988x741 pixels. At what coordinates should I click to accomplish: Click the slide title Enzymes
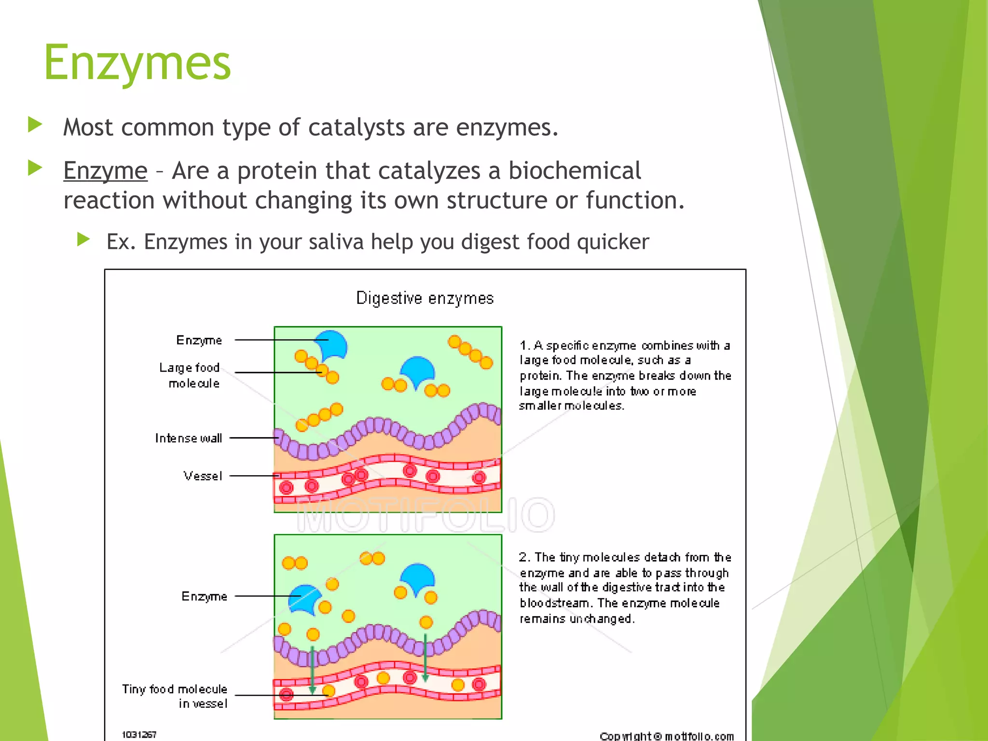click(137, 63)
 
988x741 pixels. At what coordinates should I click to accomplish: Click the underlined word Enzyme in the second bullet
click(105, 171)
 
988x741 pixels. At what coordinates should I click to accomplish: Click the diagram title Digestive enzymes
click(425, 298)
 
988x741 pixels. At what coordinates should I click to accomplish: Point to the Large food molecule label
click(190, 375)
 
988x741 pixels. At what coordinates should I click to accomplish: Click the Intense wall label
click(188, 438)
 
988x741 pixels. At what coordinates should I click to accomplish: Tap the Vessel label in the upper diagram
click(203, 476)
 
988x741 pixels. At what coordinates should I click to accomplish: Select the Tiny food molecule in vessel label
click(174, 696)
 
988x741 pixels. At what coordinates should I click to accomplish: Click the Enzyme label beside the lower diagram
click(204, 596)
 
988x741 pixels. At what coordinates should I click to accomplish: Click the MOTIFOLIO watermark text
click(425, 515)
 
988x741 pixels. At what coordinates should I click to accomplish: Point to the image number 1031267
click(139, 734)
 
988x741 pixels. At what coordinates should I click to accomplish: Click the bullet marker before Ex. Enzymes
click(83, 239)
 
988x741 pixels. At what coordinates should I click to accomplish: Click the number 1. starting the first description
click(524, 345)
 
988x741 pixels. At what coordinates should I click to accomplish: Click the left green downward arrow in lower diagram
click(312, 671)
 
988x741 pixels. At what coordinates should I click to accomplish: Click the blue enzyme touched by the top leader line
click(333, 345)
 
